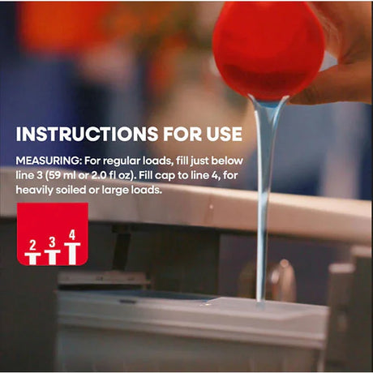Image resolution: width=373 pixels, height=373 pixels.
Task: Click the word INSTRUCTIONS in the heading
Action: tap(87, 134)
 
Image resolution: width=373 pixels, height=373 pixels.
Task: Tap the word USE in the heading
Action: tap(225, 134)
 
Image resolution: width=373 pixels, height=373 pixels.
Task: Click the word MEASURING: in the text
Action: tap(49, 161)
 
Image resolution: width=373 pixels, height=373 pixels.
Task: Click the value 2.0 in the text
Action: tap(97, 175)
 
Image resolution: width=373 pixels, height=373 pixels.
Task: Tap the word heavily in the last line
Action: tap(34, 190)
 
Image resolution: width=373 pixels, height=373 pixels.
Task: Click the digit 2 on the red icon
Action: tap(32, 245)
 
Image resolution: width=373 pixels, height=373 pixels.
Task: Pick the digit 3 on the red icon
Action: tap(52, 242)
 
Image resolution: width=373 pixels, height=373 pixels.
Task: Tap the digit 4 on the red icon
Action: tap(72, 235)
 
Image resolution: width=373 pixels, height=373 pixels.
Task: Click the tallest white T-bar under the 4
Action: tap(72, 254)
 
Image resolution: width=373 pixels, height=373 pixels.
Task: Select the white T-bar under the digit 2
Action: tap(32, 259)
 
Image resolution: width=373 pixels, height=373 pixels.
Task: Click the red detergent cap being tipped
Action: tap(268, 51)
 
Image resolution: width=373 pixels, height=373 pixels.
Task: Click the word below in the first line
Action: tap(227, 161)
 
